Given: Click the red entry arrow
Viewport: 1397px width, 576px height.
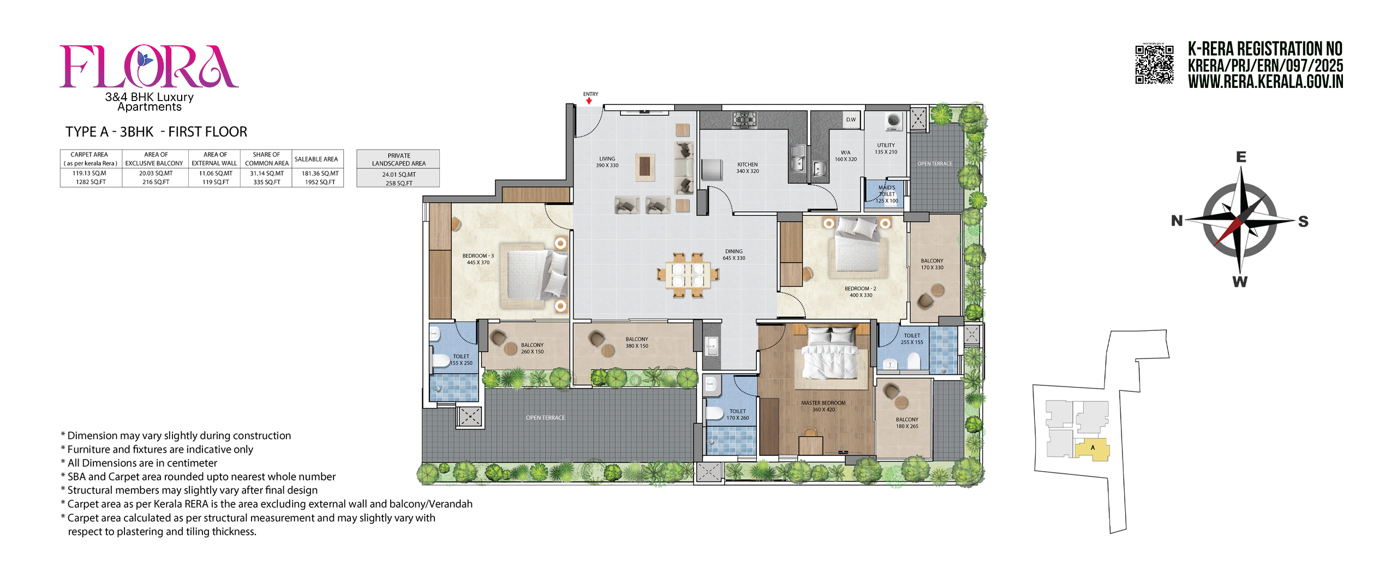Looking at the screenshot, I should (589, 101).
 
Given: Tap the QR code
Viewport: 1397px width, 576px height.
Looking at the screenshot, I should (1154, 64).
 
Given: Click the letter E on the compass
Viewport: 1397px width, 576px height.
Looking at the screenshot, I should (1241, 157).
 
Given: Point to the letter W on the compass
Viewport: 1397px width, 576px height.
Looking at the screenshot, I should (1240, 282).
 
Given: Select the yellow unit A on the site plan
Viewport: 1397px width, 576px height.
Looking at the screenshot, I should (1092, 449).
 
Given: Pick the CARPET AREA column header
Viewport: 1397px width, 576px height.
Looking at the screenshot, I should (90, 158).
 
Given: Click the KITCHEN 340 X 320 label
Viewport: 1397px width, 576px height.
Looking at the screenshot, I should (747, 168).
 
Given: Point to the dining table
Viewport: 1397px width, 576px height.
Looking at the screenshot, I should (688, 275).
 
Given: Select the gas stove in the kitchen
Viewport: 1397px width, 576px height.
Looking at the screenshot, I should (744, 119).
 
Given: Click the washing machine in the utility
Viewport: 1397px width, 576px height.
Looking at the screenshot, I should (893, 121).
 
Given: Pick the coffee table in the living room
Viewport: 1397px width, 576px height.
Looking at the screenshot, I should (644, 166).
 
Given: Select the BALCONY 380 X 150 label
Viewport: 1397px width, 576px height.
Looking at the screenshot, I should (636, 342).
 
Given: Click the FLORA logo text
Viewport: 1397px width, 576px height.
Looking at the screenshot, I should (148, 67).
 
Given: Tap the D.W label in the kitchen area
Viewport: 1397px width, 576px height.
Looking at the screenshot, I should (851, 120).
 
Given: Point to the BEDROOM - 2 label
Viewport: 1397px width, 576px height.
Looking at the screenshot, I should (860, 292).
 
